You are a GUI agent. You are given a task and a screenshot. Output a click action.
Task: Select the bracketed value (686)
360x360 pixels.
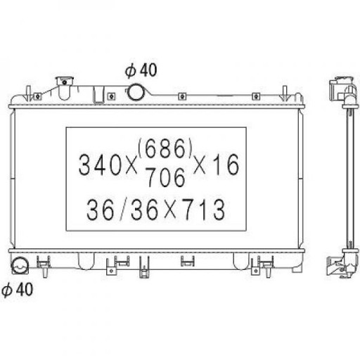[x=165, y=148]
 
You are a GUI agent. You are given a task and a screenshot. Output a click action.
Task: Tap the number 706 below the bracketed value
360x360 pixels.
[x=165, y=177]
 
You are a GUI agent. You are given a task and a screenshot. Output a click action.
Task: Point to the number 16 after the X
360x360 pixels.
[x=226, y=165]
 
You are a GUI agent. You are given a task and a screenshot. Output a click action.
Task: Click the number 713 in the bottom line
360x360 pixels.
[x=204, y=210]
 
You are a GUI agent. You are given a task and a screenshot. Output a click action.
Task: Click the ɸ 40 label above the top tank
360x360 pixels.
[x=141, y=70]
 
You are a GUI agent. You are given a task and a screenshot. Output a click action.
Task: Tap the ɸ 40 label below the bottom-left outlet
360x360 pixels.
[x=17, y=290]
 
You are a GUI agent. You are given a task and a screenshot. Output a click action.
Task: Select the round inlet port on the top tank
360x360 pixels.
[x=136, y=92]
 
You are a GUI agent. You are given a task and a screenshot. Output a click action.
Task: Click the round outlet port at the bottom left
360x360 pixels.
[x=20, y=266]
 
